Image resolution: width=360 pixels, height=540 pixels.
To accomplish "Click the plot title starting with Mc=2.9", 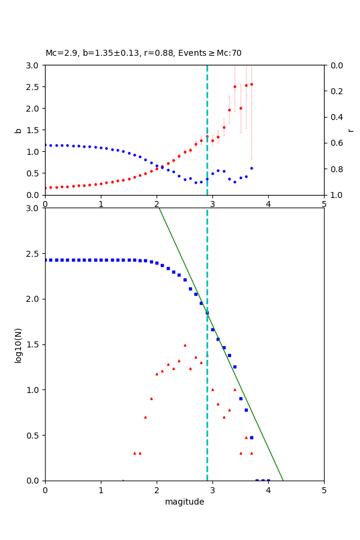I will coord(143,53).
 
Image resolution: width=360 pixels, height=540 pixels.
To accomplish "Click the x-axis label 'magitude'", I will coord(184,502).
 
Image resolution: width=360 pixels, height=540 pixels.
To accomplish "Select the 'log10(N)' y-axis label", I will coord(18,344).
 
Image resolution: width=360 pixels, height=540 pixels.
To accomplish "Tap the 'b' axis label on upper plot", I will coord(19,130).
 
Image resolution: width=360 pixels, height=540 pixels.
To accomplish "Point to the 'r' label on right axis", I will coord(350,130).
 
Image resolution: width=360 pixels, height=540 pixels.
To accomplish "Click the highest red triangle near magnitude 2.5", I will coord(185,345).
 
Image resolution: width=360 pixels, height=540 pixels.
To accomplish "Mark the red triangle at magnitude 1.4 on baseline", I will coord(123,481).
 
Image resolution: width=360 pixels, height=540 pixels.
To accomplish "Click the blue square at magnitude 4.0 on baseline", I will coord(268,481).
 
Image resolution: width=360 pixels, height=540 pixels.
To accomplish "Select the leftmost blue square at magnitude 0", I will coord(46,260).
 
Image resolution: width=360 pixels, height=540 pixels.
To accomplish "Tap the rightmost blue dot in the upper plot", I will coord(251,168).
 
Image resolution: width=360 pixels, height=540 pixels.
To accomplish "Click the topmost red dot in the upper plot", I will coord(251,84).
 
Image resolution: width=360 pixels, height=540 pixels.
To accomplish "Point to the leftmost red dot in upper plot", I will coord(46,188).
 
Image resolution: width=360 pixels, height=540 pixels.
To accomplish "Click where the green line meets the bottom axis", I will coord(283,481).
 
